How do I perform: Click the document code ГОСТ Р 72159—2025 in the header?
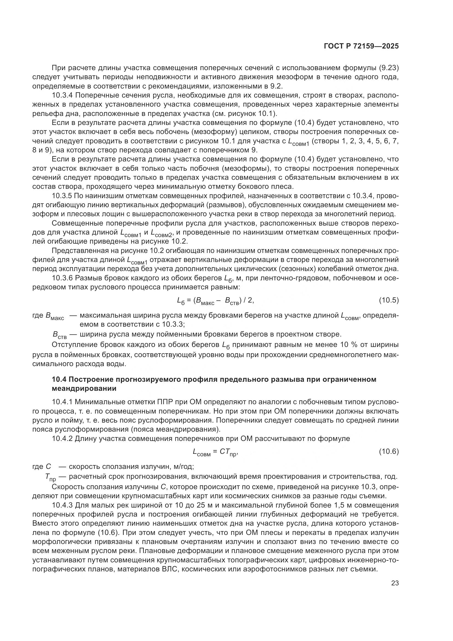(x=361, y=46)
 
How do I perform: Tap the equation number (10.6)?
(x=389, y=451)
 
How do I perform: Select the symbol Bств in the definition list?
(x=59, y=335)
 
